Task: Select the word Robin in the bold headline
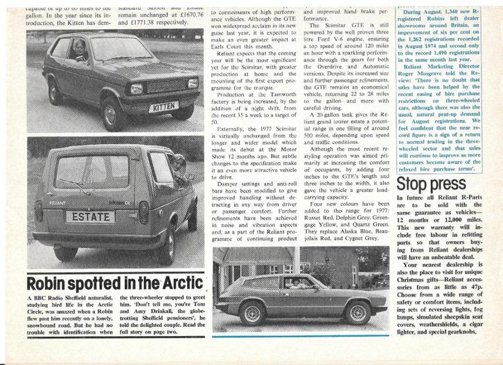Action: point(50,283)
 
